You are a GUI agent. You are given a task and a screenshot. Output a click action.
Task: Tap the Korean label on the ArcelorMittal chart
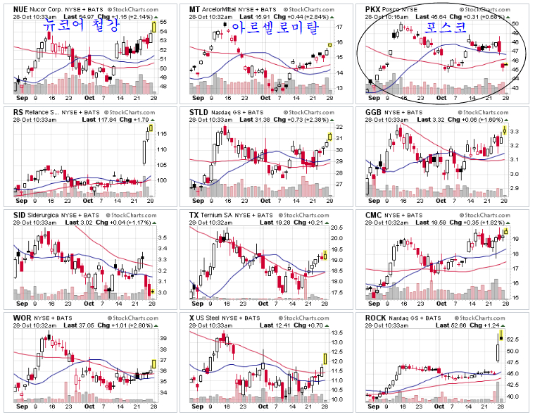275,27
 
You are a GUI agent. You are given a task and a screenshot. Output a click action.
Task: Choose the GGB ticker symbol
374,111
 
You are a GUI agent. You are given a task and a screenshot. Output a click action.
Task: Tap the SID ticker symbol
20,215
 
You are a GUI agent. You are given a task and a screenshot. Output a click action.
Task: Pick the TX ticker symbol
195,215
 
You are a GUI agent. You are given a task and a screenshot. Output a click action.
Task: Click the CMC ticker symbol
374,215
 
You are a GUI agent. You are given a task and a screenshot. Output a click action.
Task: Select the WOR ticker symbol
23,318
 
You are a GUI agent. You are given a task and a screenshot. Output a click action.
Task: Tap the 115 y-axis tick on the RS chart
161,134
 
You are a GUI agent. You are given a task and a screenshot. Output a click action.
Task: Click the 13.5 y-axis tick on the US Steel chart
336,333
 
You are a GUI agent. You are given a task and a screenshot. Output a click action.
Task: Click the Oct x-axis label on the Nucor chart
90,99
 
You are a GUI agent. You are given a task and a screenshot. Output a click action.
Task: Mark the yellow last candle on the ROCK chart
501,337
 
